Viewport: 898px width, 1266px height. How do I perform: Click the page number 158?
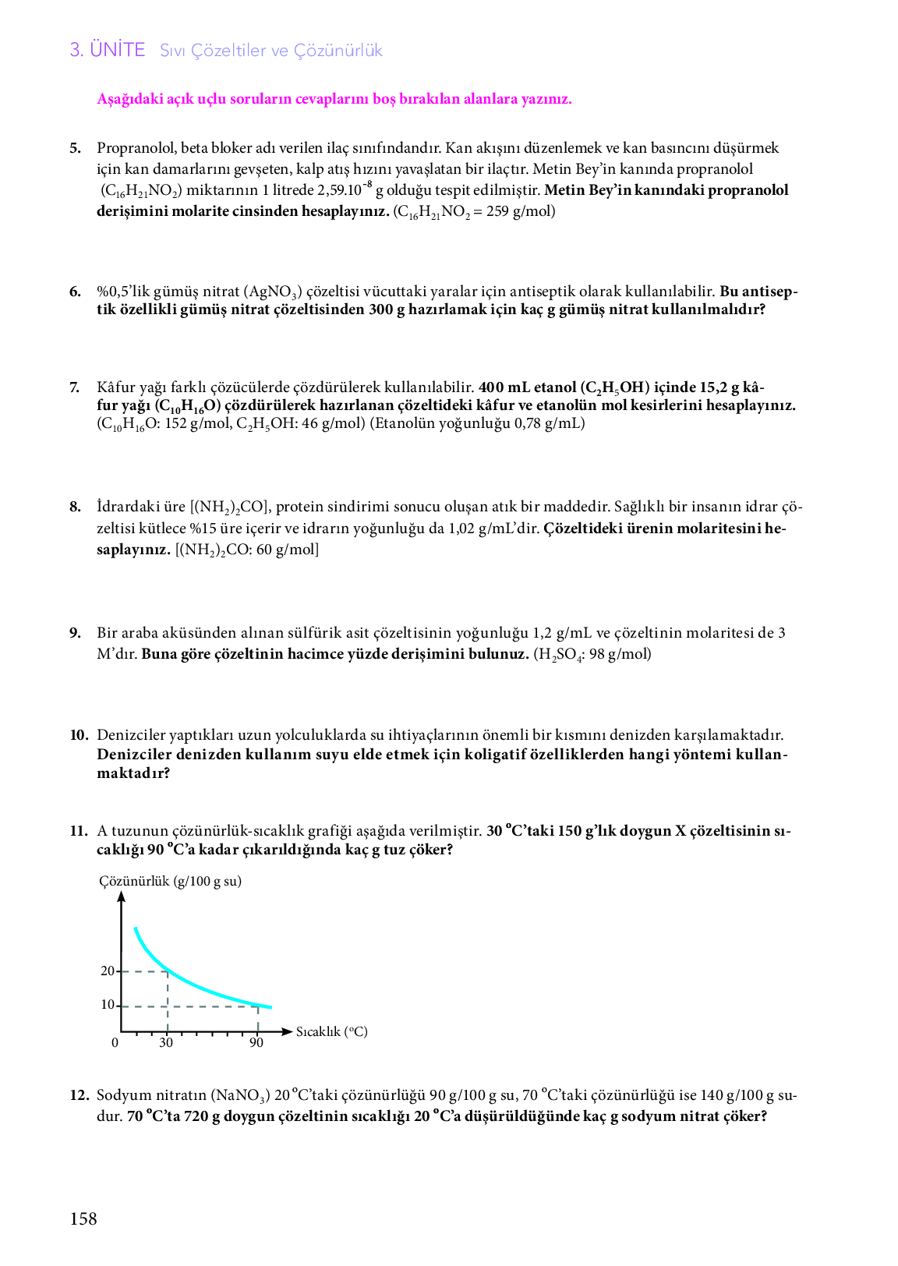83,1218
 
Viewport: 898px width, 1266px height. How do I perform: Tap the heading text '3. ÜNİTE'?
108,50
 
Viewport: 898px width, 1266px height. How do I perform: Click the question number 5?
75,148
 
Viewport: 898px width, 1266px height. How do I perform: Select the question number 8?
75,507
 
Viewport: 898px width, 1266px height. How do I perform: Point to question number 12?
80,1095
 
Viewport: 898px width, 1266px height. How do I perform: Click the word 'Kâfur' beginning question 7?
115,387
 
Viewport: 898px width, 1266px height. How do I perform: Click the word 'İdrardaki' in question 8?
129,507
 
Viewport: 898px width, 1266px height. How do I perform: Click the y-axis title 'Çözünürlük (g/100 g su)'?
170,881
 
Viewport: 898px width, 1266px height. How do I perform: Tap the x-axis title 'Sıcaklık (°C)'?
332,1031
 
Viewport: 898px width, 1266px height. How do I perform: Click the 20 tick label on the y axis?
108,971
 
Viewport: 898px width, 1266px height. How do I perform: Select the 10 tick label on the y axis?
108,1005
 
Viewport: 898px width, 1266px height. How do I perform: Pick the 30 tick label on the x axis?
166,1043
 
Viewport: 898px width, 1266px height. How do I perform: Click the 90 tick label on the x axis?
256,1043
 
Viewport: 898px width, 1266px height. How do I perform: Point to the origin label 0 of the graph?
115,1043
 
